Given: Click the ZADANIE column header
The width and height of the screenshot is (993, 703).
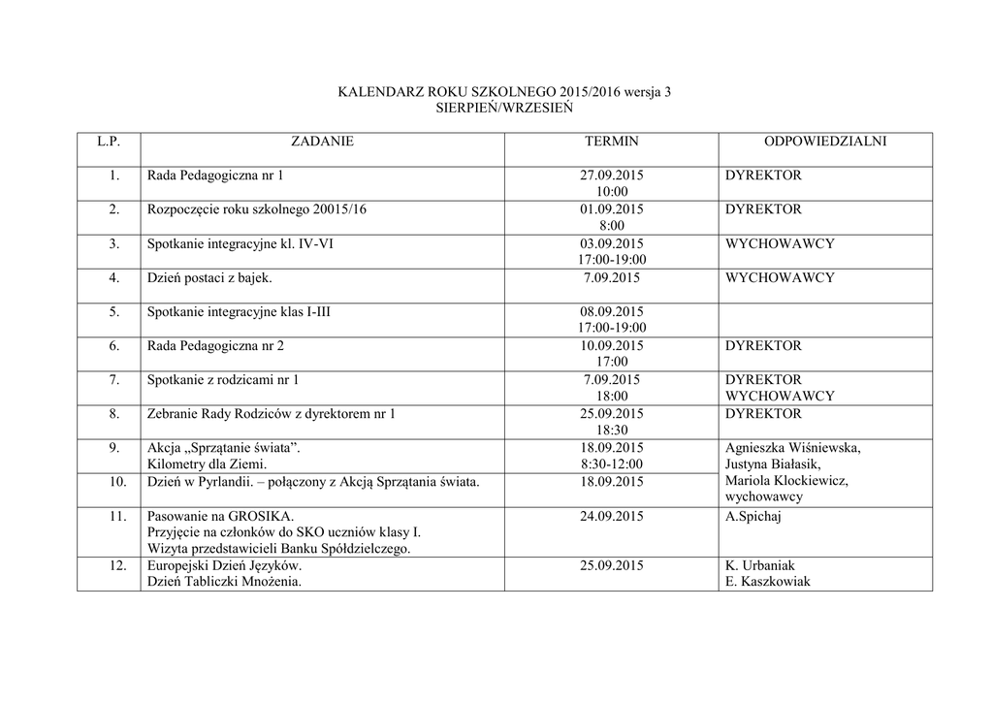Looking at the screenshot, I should click(322, 142).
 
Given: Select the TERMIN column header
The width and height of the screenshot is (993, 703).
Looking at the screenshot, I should click(611, 142).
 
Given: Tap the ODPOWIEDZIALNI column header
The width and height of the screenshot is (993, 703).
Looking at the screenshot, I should click(824, 142).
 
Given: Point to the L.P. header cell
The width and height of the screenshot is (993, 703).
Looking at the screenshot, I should click(109, 142).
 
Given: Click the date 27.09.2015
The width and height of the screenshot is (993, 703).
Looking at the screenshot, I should click(611, 176).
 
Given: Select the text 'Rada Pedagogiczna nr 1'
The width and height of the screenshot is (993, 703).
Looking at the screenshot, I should click(215, 176).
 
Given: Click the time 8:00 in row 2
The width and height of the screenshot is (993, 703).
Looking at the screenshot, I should click(611, 226).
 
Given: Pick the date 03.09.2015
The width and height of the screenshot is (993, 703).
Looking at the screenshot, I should click(611, 243).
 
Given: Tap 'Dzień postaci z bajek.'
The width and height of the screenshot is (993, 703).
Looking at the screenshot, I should click(209, 278).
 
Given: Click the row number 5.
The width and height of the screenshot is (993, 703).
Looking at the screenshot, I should click(113, 312).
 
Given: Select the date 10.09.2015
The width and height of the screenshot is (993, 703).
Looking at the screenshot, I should click(611, 346).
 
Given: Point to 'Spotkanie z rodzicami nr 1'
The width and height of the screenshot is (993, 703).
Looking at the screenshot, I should click(223, 380).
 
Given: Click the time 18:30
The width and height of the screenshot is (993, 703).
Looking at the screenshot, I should click(611, 431).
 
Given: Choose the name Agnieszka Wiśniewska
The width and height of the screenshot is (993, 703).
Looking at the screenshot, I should click(792, 448).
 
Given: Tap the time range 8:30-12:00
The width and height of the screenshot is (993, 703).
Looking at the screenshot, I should click(611, 464).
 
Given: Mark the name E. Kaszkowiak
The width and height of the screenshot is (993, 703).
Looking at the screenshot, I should click(767, 582).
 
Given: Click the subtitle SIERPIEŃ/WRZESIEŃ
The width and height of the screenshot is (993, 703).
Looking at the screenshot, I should click(503, 108).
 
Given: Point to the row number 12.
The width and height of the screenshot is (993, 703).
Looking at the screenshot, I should click(116, 565).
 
